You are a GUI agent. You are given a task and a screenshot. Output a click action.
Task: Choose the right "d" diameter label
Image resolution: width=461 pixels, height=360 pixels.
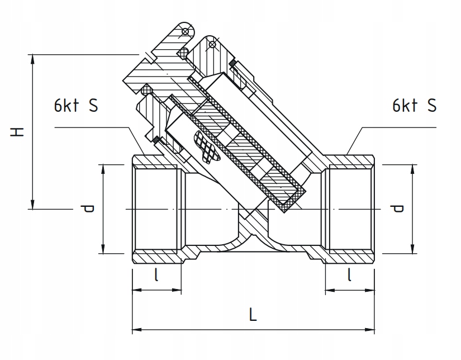click(398, 209)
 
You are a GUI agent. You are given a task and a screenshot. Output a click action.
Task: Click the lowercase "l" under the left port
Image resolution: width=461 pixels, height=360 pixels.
click(156, 276)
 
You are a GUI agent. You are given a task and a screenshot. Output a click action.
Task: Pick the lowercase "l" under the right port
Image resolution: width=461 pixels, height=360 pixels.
click(349, 276)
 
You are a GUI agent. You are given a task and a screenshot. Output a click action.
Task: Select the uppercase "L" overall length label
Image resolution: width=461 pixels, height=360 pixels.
click(253, 315)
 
